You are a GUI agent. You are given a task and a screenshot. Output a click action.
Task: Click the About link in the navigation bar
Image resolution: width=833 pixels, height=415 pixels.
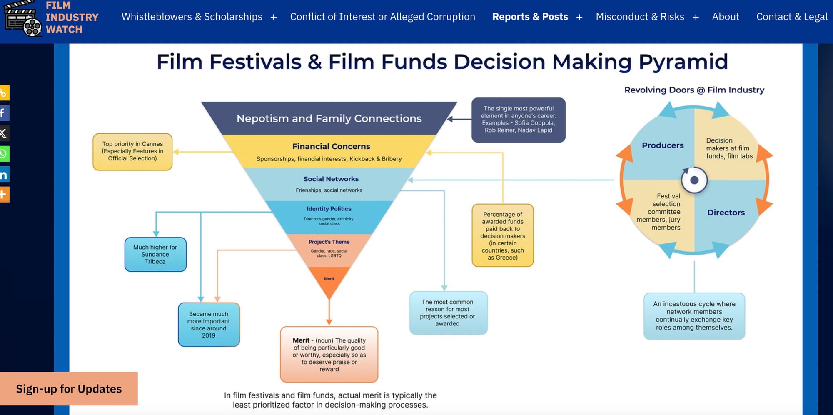click(726, 17)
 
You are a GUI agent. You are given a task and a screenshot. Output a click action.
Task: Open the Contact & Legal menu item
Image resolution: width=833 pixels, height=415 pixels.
click(792, 17)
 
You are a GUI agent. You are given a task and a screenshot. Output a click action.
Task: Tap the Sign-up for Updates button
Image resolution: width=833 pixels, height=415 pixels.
click(69, 389)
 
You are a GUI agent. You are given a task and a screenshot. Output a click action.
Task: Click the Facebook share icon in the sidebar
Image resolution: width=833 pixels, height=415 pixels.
click(4, 113)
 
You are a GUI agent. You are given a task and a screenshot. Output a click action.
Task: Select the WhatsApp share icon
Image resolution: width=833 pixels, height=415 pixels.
click(4, 154)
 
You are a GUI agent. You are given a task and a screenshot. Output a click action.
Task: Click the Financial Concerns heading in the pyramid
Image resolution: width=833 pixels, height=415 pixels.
click(331, 146)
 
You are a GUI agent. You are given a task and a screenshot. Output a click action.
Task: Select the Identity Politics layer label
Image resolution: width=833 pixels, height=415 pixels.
click(329, 209)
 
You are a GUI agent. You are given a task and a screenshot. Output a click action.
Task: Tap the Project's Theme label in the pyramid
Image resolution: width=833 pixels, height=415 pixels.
click(329, 242)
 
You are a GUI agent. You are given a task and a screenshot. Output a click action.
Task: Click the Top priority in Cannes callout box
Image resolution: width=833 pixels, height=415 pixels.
click(132, 151)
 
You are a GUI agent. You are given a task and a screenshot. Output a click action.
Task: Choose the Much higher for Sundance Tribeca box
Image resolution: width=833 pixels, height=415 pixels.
click(155, 254)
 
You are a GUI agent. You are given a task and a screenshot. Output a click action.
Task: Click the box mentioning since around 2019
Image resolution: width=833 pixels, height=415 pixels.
click(209, 325)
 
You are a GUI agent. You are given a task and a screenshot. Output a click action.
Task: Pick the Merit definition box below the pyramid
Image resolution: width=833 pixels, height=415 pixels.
click(329, 355)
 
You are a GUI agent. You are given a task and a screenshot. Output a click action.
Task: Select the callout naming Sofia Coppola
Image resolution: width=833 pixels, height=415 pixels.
click(518, 120)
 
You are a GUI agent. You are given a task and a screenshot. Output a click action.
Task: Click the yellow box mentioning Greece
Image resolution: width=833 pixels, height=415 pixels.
click(503, 235)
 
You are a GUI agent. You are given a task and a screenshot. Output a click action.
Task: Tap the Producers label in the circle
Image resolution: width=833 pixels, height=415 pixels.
click(663, 145)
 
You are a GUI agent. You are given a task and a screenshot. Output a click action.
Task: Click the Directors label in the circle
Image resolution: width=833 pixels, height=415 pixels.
click(726, 212)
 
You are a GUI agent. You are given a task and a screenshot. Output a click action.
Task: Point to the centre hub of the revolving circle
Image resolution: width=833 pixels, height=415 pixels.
click(694, 180)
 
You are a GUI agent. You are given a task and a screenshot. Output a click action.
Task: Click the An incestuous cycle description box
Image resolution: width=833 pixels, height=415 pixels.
click(694, 316)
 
